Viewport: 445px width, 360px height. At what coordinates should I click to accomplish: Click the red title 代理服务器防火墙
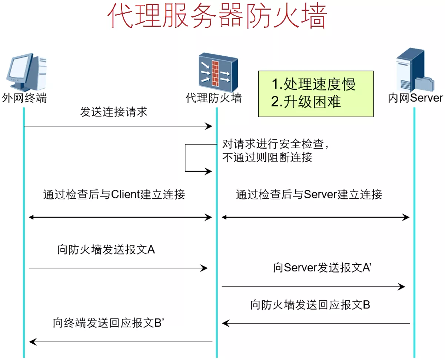click(x=217, y=16)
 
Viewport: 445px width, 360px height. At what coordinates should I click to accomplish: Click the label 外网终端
click(x=24, y=98)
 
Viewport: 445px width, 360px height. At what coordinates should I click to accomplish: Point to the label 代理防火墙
click(x=214, y=98)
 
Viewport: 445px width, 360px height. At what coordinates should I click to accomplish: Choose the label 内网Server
click(x=415, y=98)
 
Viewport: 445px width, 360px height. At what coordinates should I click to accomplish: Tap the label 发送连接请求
click(x=113, y=112)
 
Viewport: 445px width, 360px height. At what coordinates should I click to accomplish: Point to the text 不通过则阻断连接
click(x=267, y=157)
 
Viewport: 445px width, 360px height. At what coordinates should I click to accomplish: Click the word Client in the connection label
click(x=126, y=194)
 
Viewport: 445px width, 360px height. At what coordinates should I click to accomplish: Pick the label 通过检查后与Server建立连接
click(x=309, y=194)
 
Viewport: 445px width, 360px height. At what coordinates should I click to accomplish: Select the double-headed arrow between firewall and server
click(x=315, y=217)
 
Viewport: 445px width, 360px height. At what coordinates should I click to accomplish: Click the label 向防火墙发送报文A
click(x=106, y=250)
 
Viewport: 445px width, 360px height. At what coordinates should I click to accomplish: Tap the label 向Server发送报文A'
click(x=322, y=268)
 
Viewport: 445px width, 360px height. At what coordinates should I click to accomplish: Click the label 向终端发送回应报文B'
click(x=109, y=323)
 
